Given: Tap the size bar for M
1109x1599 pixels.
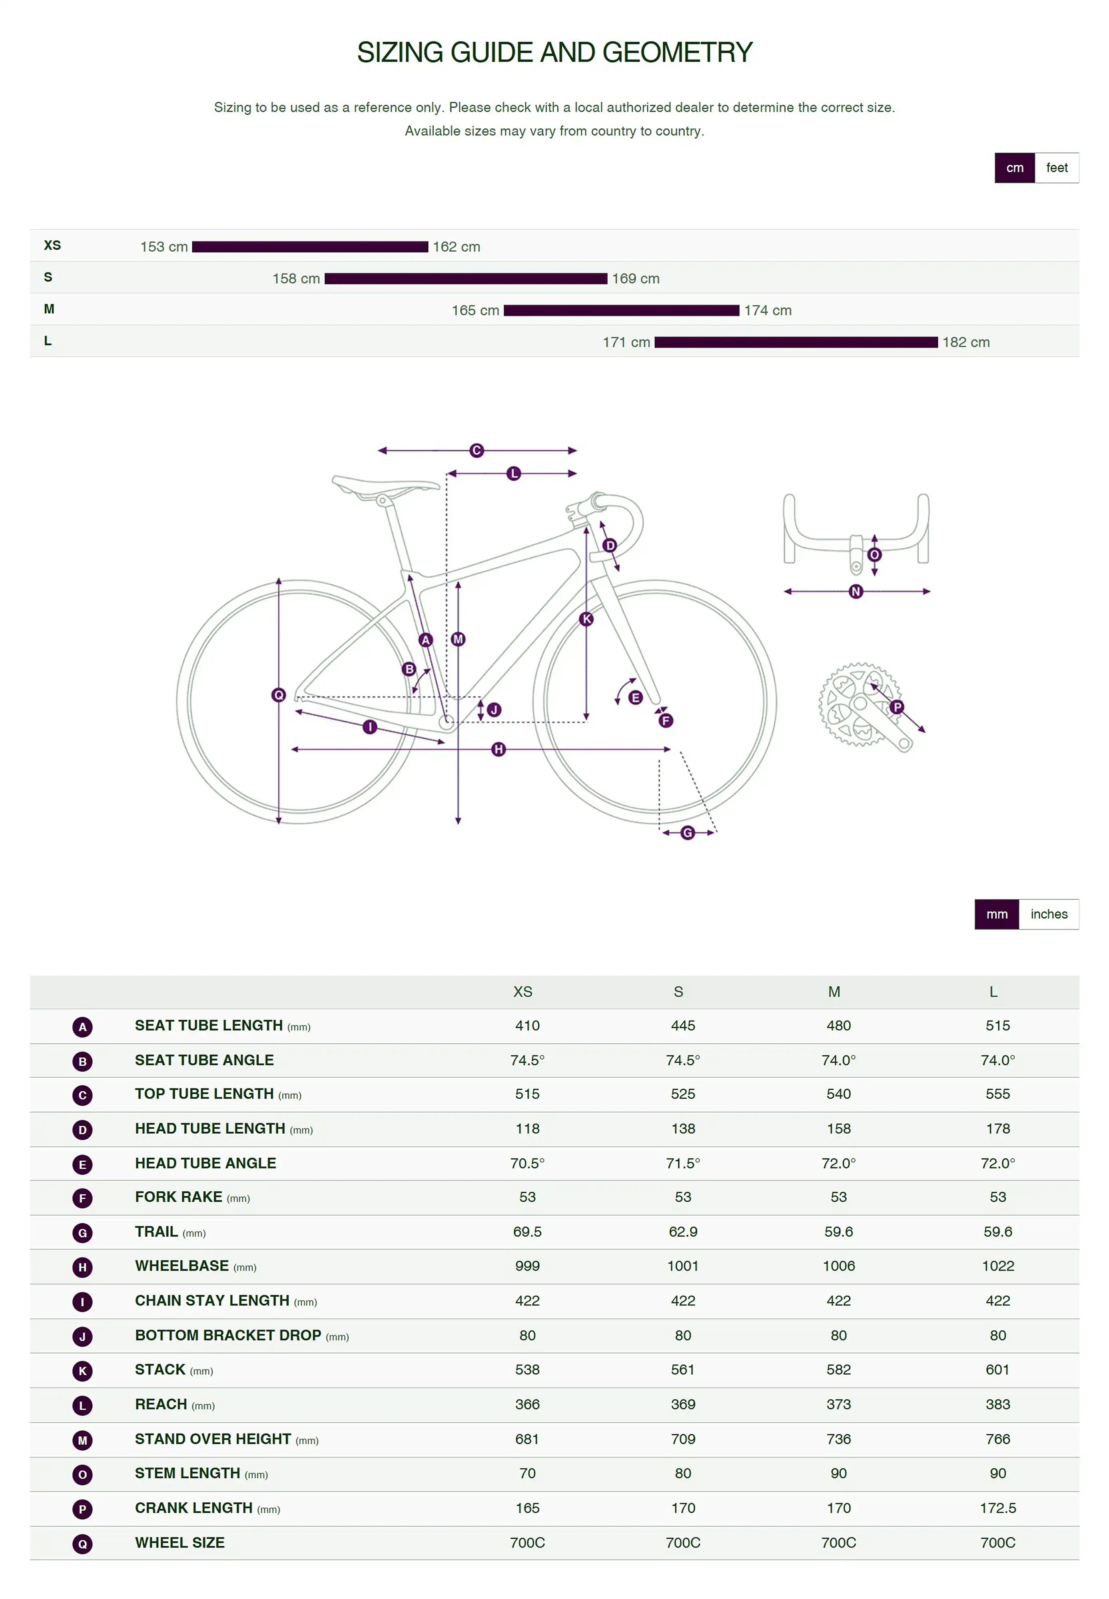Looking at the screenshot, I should click(621, 311).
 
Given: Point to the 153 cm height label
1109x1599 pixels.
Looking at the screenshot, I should click(164, 247).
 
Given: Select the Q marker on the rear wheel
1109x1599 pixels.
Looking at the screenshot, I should click(279, 695).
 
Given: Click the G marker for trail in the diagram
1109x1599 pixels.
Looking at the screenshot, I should click(687, 833).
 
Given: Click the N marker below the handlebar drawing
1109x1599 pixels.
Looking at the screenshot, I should click(856, 592).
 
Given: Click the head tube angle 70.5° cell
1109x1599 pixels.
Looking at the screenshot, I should click(527, 1163).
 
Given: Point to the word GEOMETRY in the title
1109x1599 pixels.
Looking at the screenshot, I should click(678, 53).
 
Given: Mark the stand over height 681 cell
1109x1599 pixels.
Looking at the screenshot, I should click(527, 1439).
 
